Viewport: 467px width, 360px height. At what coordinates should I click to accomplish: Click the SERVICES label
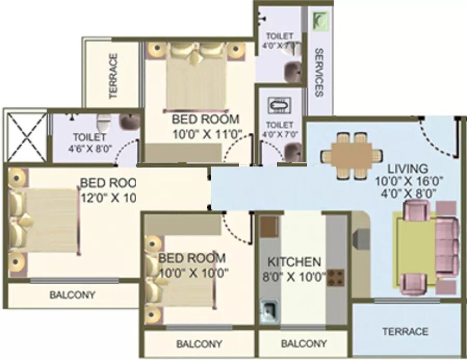point(319,73)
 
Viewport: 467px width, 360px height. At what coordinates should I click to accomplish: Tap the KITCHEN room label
point(294,261)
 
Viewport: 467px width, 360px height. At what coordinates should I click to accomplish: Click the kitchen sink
point(269,312)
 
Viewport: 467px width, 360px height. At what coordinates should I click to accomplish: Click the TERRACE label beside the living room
point(405,331)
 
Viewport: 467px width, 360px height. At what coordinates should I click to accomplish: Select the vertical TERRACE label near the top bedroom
point(113,76)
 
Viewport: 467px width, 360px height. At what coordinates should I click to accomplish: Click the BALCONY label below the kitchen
point(304,343)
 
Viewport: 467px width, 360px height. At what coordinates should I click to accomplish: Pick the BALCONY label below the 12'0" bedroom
point(72,295)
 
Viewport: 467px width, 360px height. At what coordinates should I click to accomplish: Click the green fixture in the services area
point(320,21)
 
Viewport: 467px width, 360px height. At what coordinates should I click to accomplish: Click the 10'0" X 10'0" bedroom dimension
point(194,272)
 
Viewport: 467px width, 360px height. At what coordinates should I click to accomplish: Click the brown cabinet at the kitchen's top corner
point(269,227)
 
